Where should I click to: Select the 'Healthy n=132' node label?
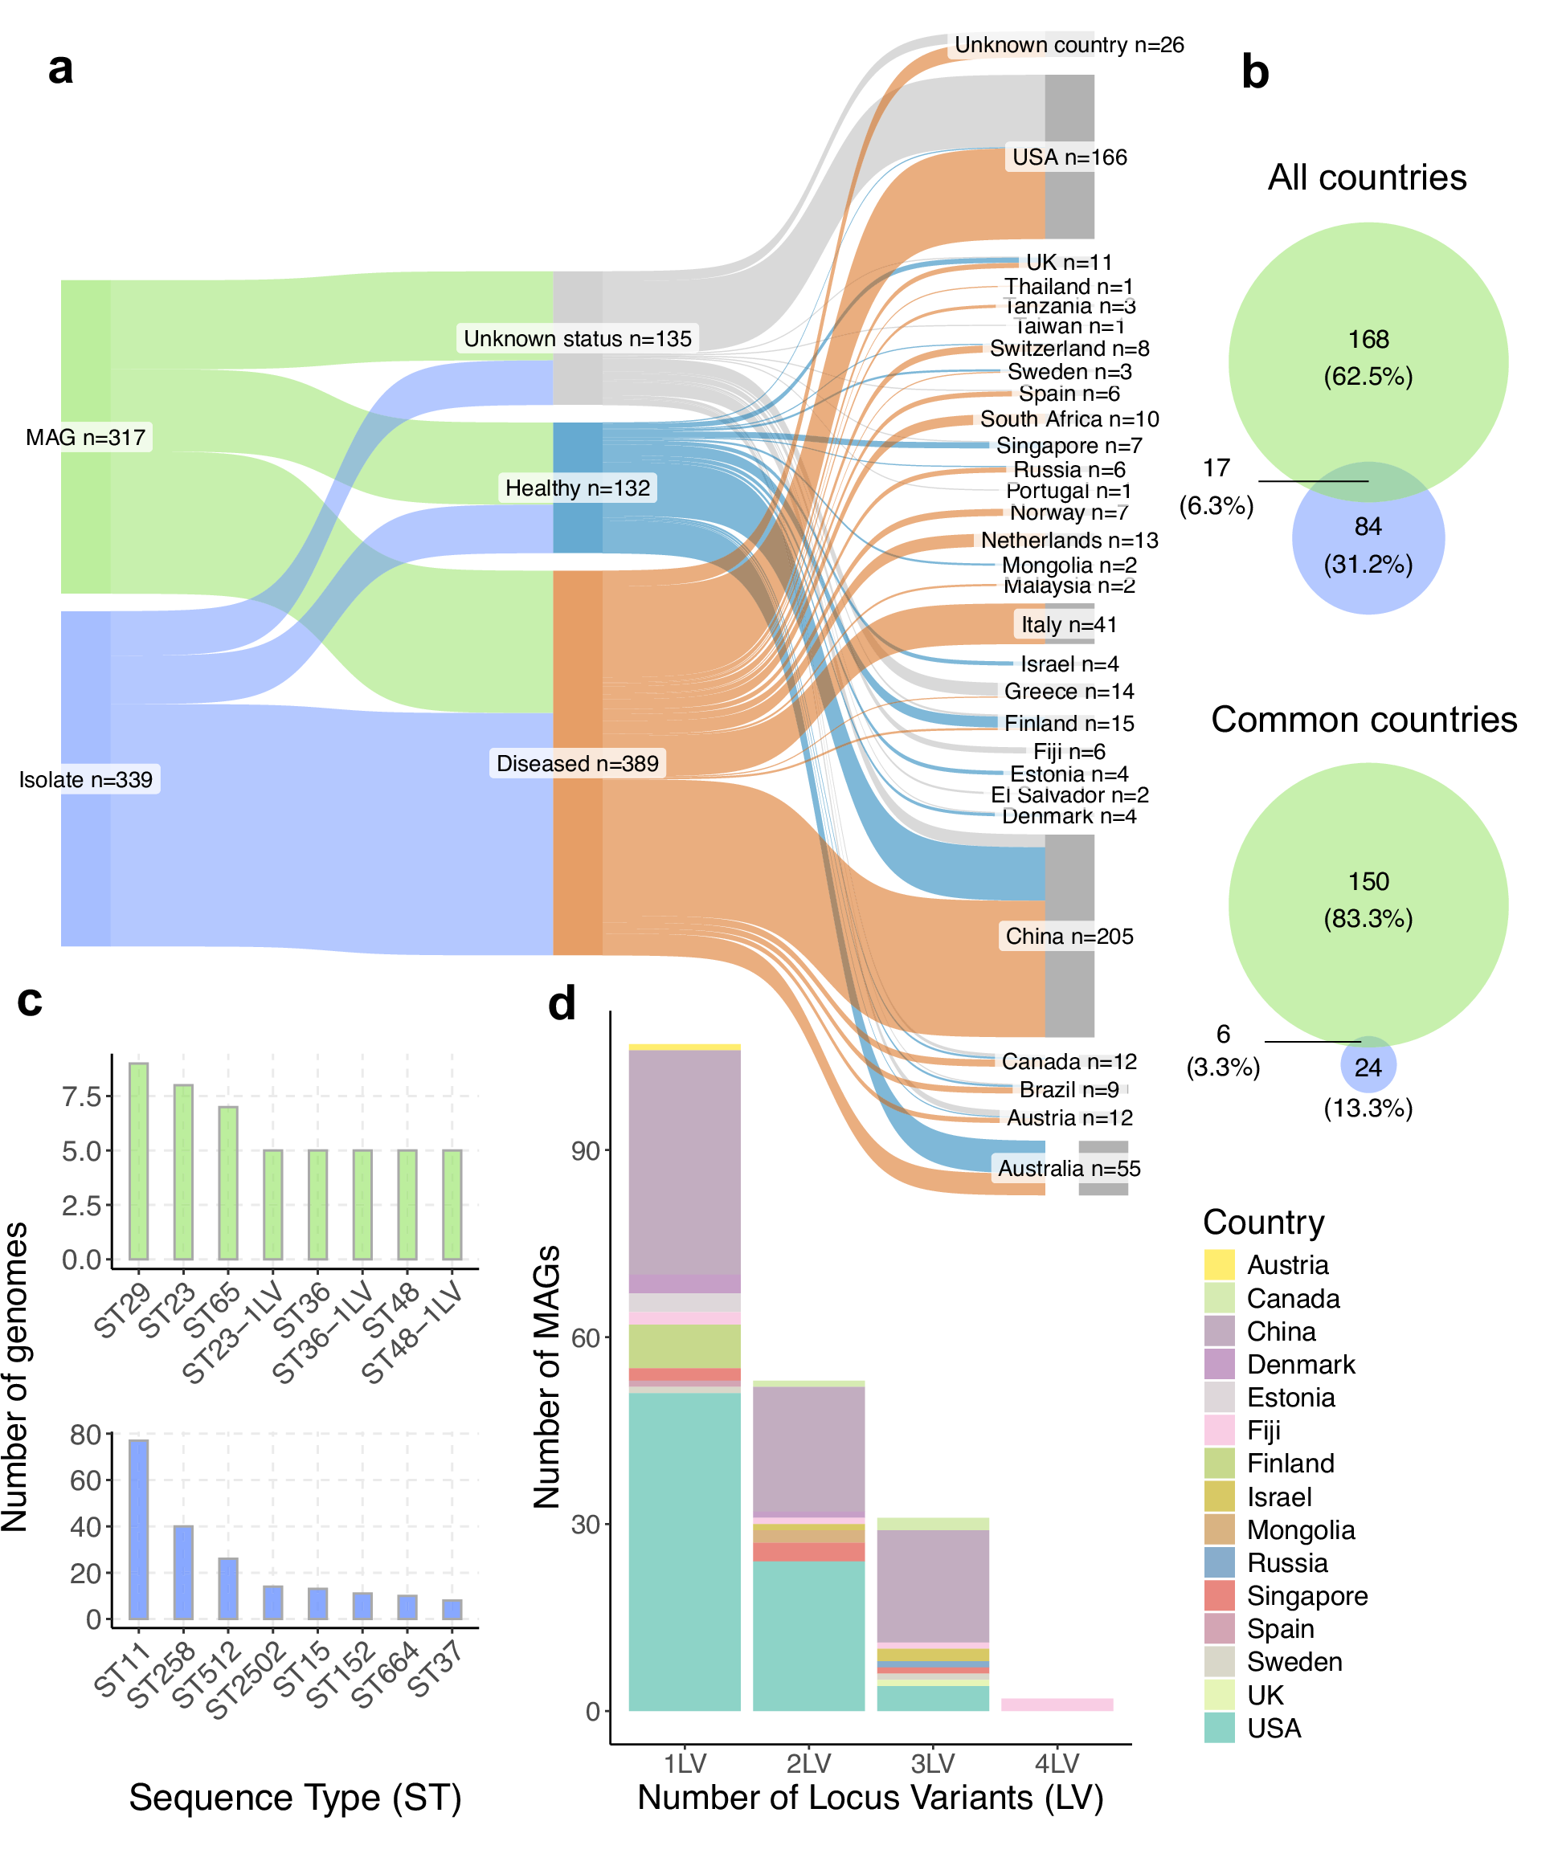pos(577,488)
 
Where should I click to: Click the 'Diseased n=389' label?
pos(577,763)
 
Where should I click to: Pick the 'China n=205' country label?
pos(1069,936)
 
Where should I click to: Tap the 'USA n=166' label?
pos(1069,157)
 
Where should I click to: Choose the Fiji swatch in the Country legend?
pos(1219,1430)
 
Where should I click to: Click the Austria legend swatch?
pos(1219,1264)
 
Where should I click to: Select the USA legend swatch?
pos(1219,1728)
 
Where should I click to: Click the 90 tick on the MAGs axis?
pos(585,1150)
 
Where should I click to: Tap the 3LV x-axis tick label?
pos(932,1763)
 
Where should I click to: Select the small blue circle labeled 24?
pos(1368,1066)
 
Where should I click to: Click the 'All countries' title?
pos(1367,178)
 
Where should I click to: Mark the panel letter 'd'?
pos(562,1003)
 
